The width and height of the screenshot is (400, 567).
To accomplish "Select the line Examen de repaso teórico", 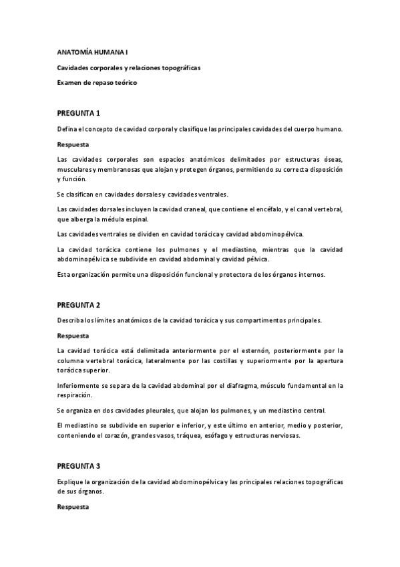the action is coord(96,82).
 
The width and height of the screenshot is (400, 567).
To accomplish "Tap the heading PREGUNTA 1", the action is coord(79,112).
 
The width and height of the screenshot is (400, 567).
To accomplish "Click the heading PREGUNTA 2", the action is coord(79,304).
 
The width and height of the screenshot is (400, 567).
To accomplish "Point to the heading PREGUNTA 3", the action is coord(79,465).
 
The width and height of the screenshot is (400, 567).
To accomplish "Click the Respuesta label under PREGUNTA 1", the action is coord(73,144).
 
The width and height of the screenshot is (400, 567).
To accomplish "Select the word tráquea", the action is coord(192,437).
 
